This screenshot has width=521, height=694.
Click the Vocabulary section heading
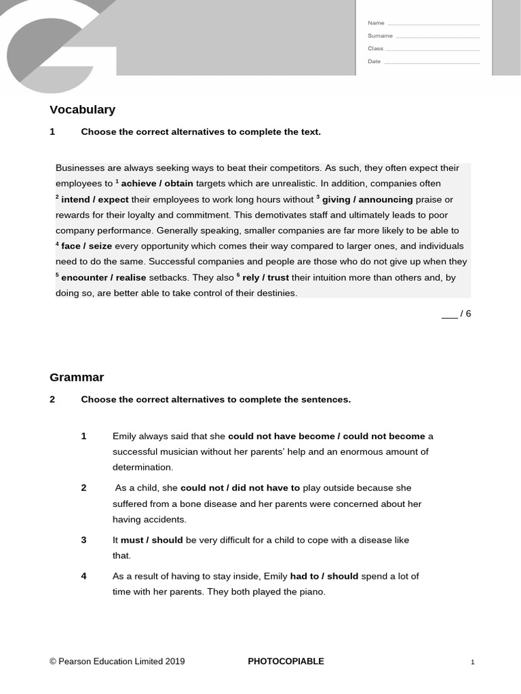pyautogui.click(x=82, y=110)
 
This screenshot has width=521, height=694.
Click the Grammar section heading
pyautogui.click(x=77, y=377)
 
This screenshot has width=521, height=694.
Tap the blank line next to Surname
pyautogui.click(x=438, y=37)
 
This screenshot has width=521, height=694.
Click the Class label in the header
pyautogui.click(x=375, y=49)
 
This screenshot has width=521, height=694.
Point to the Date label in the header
pyautogui.click(x=374, y=62)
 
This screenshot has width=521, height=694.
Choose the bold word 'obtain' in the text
pyautogui.click(x=178, y=184)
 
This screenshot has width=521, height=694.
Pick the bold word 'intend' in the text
pyautogui.click(x=76, y=200)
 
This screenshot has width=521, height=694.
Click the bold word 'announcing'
pyautogui.click(x=385, y=200)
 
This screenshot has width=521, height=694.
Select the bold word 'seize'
pyautogui.click(x=100, y=246)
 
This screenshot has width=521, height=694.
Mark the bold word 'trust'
pyautogui.click(x=278, y=278)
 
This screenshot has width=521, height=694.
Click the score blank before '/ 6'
pyautogui.click(x=449, y=314)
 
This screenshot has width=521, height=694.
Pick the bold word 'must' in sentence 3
pyautogui.click(x=132, y=540)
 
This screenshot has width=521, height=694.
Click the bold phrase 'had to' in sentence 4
pyautogui.click(x=303, y=576)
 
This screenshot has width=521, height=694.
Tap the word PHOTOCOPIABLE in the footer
pyautogui.click(x=286, y=661)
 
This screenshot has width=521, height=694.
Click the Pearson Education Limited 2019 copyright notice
pyautogui.click(x=117, y=661)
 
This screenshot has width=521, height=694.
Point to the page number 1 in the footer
pyautogui.click(x=473, y=662)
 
